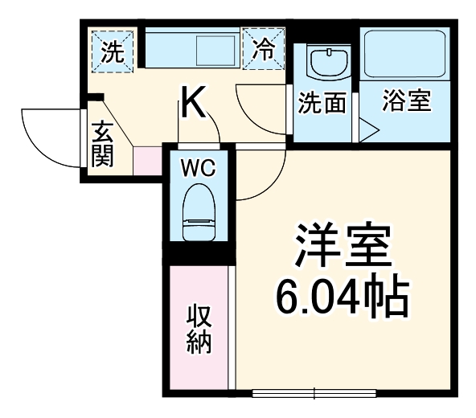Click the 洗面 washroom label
(x=322, y=102)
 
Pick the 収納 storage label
(x=199, y=329)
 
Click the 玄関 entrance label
(x=102, y=144)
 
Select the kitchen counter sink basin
(x=217, y=51)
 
